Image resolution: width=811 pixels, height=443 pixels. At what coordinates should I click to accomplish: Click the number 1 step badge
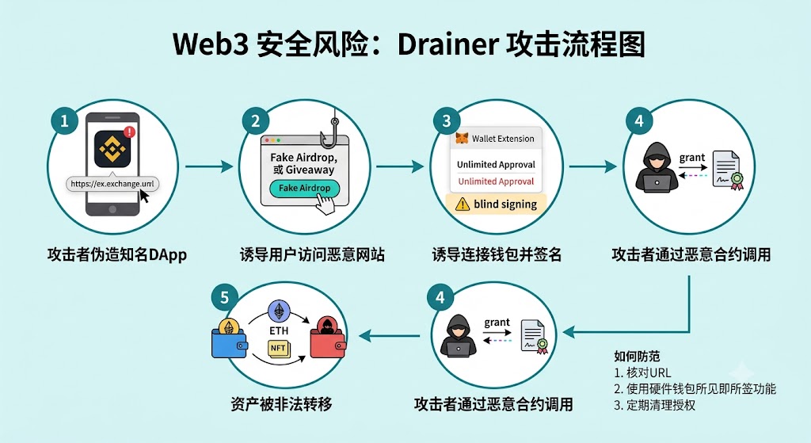tap(65, 120)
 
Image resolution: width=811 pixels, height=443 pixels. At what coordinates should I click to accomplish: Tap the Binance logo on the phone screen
tap(112, 148)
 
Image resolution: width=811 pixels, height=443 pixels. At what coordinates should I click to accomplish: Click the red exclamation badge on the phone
tap(129, 132)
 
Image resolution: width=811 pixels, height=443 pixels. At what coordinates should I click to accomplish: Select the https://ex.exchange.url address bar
tap(112, 184)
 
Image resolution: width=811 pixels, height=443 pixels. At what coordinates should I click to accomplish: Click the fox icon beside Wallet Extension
tap(462, 138)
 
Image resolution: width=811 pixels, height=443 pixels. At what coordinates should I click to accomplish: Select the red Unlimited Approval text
tap(496, 181)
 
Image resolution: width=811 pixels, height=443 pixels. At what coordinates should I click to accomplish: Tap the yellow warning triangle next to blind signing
tap(462, 204)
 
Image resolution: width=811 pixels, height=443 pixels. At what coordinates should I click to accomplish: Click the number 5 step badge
tap(224, 297)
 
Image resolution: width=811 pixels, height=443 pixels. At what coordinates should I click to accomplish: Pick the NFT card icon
tap(279, 349)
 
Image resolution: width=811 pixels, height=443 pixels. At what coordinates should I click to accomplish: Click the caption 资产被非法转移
tap(282, 403)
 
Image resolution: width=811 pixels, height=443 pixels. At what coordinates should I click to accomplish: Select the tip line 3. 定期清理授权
tap(654, 405)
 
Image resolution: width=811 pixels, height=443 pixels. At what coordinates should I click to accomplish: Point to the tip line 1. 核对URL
tap(642, 372)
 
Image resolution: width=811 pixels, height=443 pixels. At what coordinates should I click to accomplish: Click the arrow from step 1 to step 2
tap(209, 166)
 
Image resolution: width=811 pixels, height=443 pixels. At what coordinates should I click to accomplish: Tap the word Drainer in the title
tap(444, 44)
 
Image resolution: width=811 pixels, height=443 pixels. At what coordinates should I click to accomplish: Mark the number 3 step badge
tap(447, 121)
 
